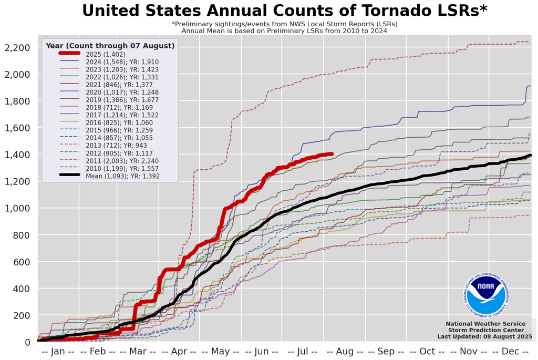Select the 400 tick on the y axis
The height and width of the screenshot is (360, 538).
pyautogui.click(x=21, y=289)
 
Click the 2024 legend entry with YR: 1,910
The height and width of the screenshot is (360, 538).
pyautogui.click(x=119, y=62)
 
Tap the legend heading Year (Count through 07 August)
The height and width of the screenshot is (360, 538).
pyautogui.click(x=110, y=46)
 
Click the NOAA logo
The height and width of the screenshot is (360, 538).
pyautogui.click(x=486, y=295)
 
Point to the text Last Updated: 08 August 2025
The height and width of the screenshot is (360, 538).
pyautogui.click(x=484, y=336)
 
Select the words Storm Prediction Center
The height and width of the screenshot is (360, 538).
pyautogui.click(x=485, y=330)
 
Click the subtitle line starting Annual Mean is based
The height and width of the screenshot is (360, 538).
pyautogui.click(x=284, y=31)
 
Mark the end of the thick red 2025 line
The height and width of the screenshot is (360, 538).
pyautogui.click(x=332, y=154)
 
